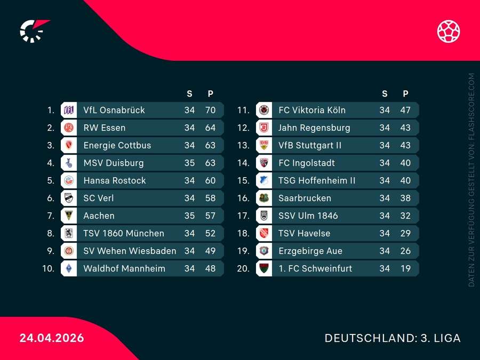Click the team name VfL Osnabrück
(114, 110)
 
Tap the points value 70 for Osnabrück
(210, 110)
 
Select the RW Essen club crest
(68, 127)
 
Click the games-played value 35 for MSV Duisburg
(189, 163)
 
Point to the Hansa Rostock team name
(115, 180)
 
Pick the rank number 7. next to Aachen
(51, 215)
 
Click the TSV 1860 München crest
(68, 233)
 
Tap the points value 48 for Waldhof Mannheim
(210, 268)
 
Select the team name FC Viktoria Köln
(312, 110)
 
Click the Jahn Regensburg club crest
(263, 127)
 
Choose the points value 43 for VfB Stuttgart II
(405, 145)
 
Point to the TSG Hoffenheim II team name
(317, 180)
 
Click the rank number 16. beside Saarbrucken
(243, 198)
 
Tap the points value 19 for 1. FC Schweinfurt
(405, 268)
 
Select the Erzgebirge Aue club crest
(263, 251)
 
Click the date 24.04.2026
(52, 338)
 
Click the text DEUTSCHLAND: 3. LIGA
(393, 338)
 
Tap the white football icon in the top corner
(449, 31)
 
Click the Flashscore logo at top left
(33, 31)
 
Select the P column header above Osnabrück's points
(210, 94)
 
